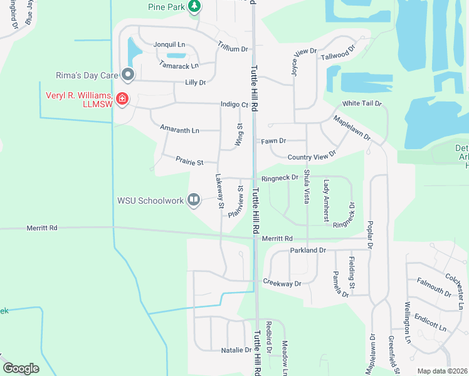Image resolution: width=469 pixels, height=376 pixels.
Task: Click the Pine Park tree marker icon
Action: (x=195, y=6)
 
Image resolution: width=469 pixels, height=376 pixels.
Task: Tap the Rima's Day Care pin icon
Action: (x=128, y=75)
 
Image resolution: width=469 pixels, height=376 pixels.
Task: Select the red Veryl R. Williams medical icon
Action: (x=122, y=99)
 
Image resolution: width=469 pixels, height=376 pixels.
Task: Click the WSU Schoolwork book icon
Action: (x=194, y=201)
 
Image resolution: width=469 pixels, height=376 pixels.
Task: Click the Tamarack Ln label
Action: (x=179, y=65)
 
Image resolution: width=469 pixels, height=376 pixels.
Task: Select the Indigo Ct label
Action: (x=234, y=105)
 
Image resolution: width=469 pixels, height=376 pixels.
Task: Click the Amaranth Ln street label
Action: (x=179, y=130)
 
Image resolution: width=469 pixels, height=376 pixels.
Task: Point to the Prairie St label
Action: (x=189, y=162)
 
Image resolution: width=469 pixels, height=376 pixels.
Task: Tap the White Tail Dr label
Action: (x=362, y=103)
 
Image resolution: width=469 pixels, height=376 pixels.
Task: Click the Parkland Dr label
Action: (x=308, y=251)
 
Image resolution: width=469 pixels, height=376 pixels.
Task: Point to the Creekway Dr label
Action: (x=282, y=283)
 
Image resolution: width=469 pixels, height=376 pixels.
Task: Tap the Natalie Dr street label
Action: (x=236, y=350)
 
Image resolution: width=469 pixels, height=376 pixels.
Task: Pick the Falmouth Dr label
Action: (x=434, y=288)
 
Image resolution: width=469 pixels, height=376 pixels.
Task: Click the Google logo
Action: (x=21, y=368)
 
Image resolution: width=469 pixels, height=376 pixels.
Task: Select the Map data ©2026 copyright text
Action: (x=442, y=371)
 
